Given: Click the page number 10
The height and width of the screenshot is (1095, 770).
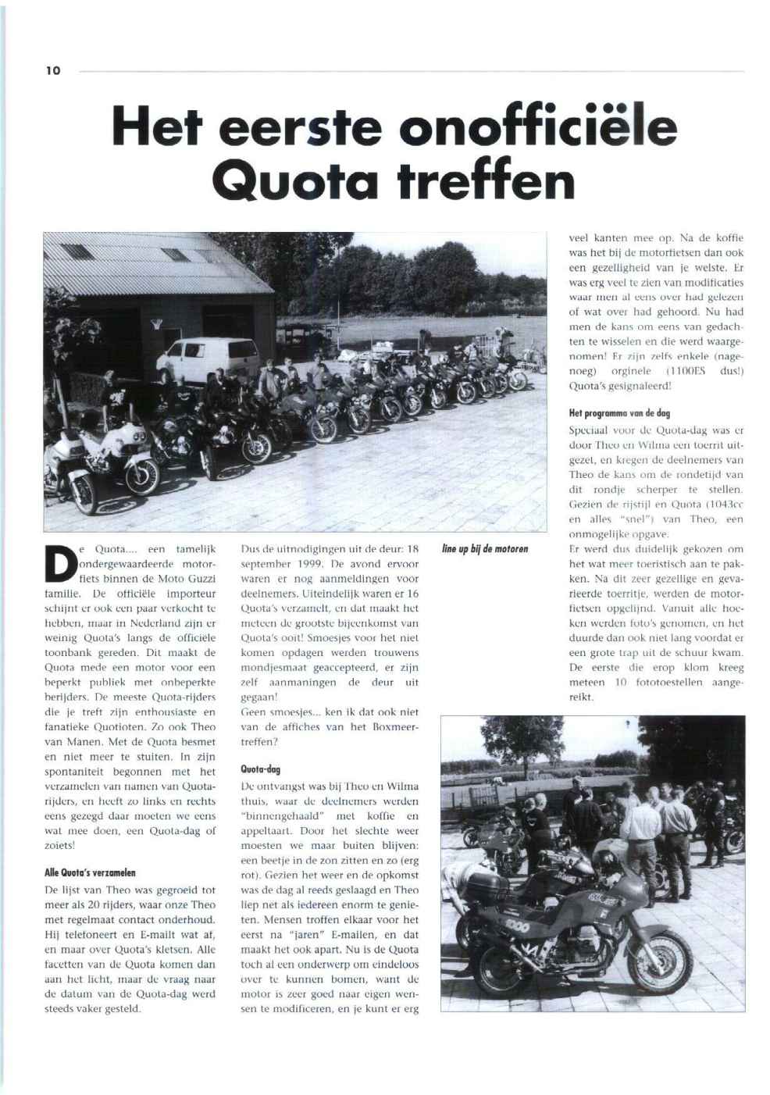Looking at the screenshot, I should click(x=52, y=71).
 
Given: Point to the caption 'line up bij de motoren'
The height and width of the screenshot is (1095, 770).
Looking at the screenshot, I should click(x=484, y=549).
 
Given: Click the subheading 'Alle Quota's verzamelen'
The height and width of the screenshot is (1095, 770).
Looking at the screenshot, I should click(x=91, y=872).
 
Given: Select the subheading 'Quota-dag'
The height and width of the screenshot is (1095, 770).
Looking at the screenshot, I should click(x=261, y=769).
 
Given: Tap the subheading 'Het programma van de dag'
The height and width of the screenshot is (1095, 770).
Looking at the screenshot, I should click(x=619, y=413).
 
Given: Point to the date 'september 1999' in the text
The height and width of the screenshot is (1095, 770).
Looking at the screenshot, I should click(x=276, y=564).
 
